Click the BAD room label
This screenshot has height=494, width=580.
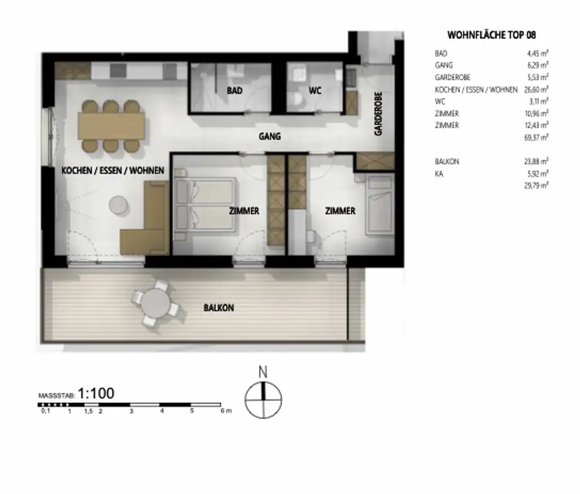(x=235, y=91)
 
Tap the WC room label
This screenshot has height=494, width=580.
(x=315, y=91)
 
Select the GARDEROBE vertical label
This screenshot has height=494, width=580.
(x=378, y=114)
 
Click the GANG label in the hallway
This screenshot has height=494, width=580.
(x=270, y=136)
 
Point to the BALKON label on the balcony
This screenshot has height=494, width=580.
(x=219, y=308)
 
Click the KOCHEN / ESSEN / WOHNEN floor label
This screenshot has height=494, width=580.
(x=113, y=170)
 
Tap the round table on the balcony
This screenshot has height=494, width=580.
(x=155, y=306)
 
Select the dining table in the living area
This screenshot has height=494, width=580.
(x=112, y=126)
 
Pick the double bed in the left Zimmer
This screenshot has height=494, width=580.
(x=204, y=205)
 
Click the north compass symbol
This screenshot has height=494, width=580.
(x=263, y=400)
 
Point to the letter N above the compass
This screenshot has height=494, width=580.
(x=263, y=372)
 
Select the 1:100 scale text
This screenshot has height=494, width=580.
(x=96, y=393)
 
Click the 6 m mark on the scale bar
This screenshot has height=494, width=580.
(x=225, y=411)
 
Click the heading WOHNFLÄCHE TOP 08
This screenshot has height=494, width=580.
(x=492, y=35)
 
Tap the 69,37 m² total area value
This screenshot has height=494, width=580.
(x=537, y=138)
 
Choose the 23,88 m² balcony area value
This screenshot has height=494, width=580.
(x=537, y=161)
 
